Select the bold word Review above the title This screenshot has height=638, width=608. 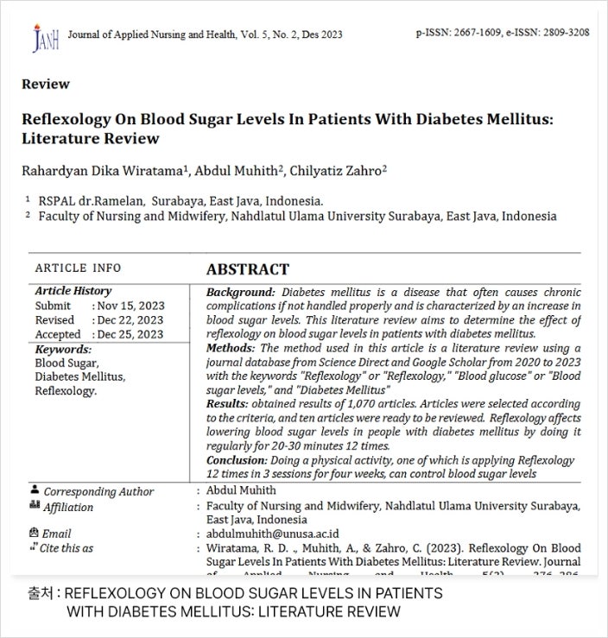[46, 85]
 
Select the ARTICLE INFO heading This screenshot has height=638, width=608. [78, 268]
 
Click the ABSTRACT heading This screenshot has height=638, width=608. [248, 269]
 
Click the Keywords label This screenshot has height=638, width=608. [63, 350]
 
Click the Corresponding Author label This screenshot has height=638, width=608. [98, 491]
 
